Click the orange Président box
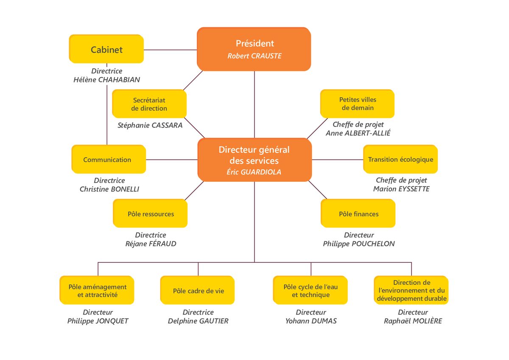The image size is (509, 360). [254, 49]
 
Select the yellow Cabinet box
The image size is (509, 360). [106, 49]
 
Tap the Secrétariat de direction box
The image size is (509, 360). [149, 104]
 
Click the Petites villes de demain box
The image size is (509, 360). [357, 104]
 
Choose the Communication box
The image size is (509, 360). [109, 159]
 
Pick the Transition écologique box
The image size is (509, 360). [400, 159]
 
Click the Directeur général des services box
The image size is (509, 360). [255, 160]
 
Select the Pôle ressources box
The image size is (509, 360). [150, 213]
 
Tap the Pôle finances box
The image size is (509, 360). [358, 213]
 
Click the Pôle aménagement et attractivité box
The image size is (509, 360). [97, 290]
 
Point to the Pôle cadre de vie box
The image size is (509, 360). [198, 290]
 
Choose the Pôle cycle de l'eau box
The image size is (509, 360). [310, 290]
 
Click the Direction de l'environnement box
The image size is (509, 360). [411, 290]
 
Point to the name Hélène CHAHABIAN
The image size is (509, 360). [106, 79]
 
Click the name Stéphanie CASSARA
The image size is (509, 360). [150, 125]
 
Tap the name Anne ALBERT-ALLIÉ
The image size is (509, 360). [358, 133]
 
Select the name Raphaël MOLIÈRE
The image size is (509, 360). [413, 321]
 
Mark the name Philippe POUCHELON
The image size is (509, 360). [359, 244]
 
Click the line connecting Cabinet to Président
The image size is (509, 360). [171, 50]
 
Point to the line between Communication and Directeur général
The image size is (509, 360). [172, 160]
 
